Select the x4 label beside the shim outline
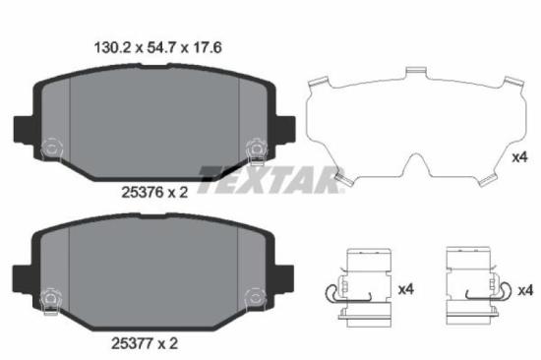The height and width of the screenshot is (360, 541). [520, 156]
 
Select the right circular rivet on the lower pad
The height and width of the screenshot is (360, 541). [254, 295]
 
